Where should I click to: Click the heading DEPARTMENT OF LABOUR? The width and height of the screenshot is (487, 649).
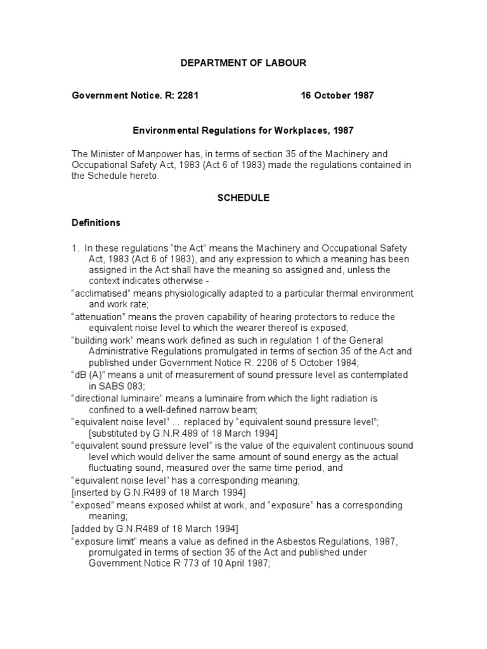(x=243, y=63)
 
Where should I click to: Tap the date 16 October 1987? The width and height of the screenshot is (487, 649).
(x=337, y=96)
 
